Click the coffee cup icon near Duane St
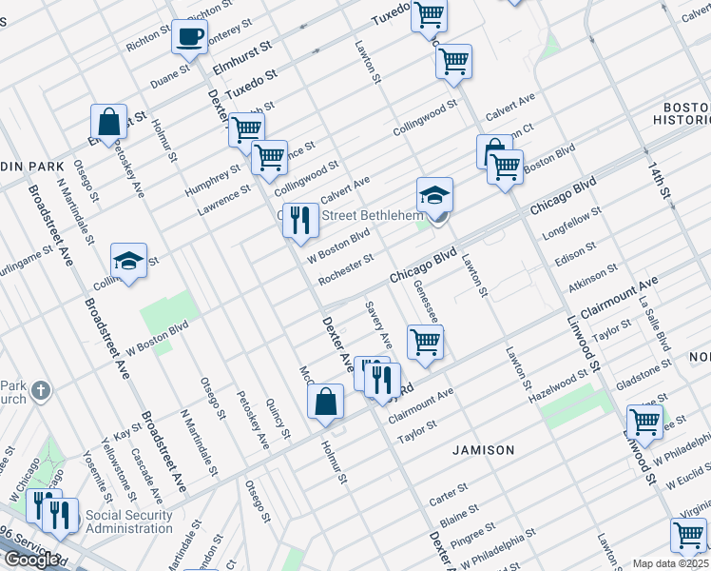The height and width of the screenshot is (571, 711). [189, 38]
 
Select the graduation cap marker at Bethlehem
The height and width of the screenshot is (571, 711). [434, 195]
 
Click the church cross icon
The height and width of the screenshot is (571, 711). [40, 390]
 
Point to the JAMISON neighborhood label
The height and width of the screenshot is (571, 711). [483, 449]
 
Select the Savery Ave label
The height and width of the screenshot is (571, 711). [379, 325]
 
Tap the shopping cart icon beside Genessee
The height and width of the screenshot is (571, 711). [425, 342]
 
